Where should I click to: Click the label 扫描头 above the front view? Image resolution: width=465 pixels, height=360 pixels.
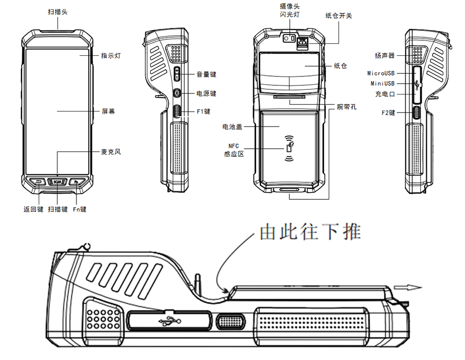pyautogui.click(x=57, y=11)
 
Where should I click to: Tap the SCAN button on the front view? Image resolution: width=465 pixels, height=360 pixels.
pyautogui.click(x=57, y=182)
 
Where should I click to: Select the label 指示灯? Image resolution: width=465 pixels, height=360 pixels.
pyautogui.click(x=111, y=55)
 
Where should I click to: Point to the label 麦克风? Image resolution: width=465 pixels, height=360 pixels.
pyautogui.click(x=111, y=152)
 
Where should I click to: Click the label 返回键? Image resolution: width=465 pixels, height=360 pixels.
pyautogui.click(x=34, y=209)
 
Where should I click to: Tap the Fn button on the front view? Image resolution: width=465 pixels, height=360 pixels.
pyautogui.click(x=76, y=182)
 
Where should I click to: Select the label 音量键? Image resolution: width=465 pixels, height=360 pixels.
pyautogui.click(x=206, y=74)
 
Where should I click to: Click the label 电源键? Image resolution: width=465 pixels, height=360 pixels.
pyautogui.click(x=206, y=93)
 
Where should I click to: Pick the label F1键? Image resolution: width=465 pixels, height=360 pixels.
pyautogui.click(x=204, y=111)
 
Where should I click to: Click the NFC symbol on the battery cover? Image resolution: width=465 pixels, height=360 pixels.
pyautogui.click(x=289, y=149)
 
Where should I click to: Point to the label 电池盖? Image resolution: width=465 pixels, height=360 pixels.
pyautogui.click(x=232, y=126)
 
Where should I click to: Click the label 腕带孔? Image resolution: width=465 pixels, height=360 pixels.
pyautogui.click(x=346, y=107)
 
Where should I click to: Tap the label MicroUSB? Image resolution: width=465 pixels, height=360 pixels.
pyautogui.click(x=381, y=74)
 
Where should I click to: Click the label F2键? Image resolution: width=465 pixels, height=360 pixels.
pyautogui.click(x=388, y=112)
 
